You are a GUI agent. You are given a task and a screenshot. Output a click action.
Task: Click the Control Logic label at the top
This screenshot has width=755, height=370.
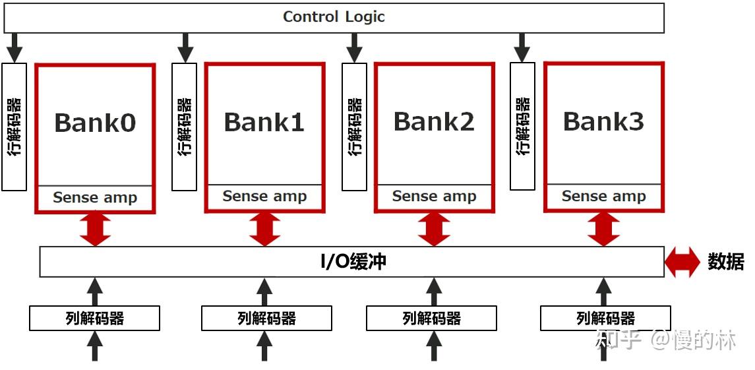[x=334, y=17]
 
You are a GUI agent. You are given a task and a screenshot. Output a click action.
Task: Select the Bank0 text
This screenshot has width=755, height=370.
[x=95, y=123]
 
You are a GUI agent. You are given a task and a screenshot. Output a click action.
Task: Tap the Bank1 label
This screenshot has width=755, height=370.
[x=264, y=122]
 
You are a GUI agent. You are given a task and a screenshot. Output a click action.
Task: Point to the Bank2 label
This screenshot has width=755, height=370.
[x=434, y=121]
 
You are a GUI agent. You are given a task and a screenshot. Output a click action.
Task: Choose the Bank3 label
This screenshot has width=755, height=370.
[x=603, y=121]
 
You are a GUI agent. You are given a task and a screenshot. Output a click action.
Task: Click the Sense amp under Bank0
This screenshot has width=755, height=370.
[x=95, y=198]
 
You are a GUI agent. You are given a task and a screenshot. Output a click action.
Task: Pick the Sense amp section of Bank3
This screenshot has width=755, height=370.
[x=603, y=197]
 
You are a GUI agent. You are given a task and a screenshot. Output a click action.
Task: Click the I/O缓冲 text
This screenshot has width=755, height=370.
[x=353, y=262]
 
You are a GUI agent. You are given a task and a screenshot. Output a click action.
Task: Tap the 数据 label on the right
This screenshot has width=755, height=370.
[x=726, y=262]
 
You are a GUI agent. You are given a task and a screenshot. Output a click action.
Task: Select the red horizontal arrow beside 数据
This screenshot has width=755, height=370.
[x=682, y=262]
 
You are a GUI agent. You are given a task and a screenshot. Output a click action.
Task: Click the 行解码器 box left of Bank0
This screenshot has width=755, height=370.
[x=15, y=127]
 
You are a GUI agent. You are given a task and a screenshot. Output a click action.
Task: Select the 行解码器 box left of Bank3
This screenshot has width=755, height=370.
[x=523, y=126]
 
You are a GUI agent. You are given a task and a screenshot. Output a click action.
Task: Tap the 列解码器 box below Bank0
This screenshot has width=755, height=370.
[x=95, y=319]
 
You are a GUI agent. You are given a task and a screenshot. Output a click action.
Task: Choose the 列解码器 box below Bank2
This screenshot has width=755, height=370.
[x=431, y=319]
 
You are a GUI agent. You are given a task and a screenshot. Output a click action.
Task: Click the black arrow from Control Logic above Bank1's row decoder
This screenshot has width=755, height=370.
[x=185, y=47]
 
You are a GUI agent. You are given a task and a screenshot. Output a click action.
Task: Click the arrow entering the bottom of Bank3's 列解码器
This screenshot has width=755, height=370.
[x=603, y=346]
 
